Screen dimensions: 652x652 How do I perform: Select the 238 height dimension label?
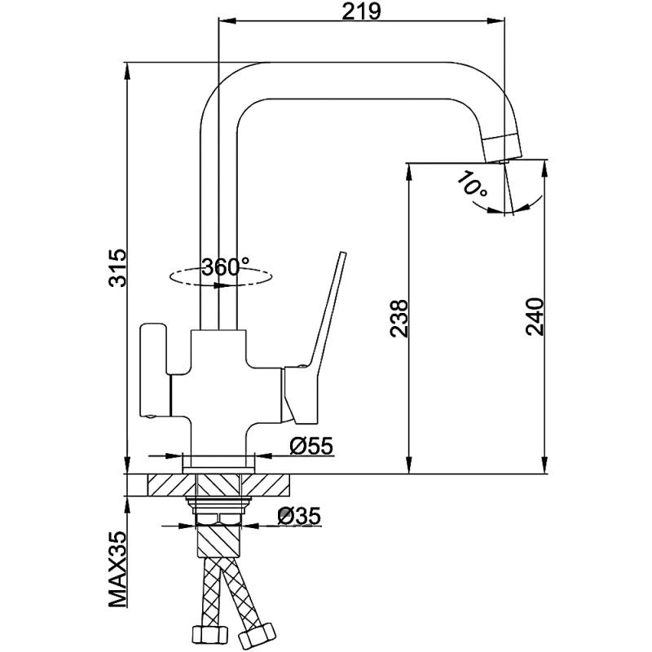(398, 318)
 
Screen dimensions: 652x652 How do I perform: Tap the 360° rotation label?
(225, 267)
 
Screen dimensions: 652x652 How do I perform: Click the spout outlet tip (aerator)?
(500, 147)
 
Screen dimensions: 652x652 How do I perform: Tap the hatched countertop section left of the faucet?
(167, 484)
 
